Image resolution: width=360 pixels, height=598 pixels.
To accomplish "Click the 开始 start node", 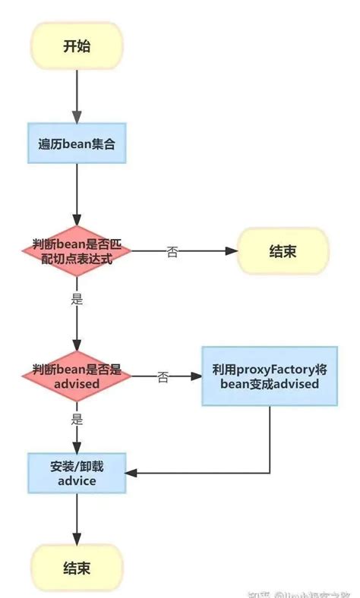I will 76,46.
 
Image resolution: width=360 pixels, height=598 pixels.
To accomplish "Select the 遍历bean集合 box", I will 76,143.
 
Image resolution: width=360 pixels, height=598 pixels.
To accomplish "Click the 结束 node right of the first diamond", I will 283,250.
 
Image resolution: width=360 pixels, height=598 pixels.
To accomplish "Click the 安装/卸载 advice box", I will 76,473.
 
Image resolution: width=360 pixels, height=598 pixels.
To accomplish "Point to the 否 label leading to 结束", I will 172,252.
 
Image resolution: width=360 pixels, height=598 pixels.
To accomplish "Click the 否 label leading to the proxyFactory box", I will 163,377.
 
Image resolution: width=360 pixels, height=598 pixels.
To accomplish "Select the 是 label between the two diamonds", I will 77,298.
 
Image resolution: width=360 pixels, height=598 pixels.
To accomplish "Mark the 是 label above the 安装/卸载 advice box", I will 77,417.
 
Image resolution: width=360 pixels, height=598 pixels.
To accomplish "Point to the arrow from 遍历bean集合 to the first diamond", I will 76,194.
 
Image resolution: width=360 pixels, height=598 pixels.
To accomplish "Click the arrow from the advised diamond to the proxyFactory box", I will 182,376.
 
